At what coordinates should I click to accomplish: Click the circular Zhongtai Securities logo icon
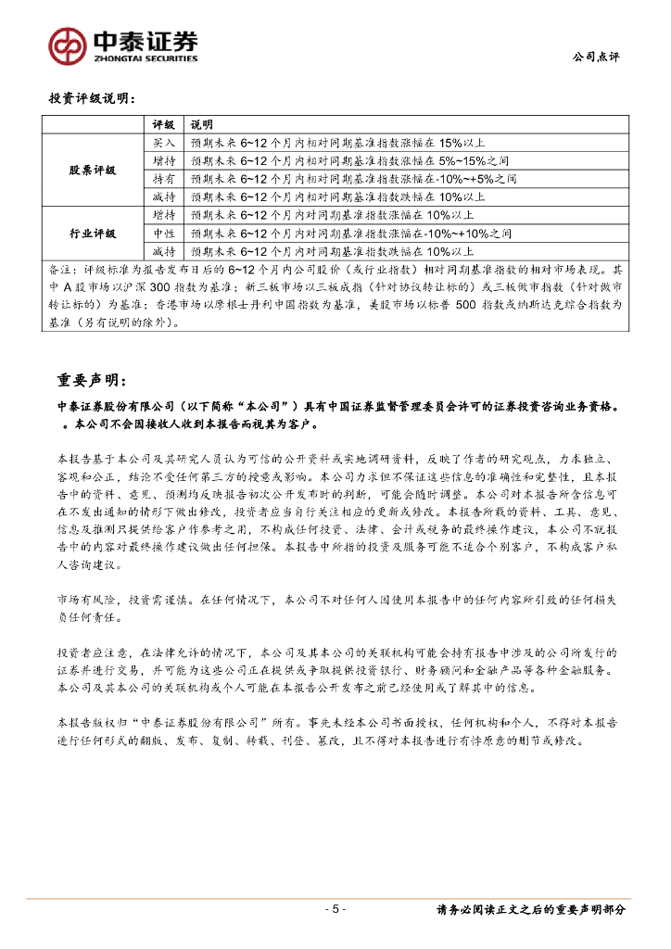(x=68, y=45)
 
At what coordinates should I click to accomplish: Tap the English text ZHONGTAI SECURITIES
(x=145, y=57)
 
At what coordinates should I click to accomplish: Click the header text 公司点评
(x=597, y=57)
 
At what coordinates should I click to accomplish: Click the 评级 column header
(x=164, y=125)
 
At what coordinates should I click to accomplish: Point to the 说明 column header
(x=201, y=125)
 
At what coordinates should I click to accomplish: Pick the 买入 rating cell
(x=164, y=143)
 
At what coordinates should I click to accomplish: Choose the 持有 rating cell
(x=164, y=178)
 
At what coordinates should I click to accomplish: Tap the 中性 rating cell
(x=164, y=233)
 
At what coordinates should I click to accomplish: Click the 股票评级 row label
(x=93, y=170)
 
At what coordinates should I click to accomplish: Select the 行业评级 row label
(x=93, y=233)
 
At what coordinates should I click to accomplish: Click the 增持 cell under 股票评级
(x=164, y=160)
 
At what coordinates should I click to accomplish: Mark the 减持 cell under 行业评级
(x=164, y=250)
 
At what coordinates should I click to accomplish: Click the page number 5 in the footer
(x=335, y=909)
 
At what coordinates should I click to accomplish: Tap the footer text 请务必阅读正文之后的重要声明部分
(x=530, y=909)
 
